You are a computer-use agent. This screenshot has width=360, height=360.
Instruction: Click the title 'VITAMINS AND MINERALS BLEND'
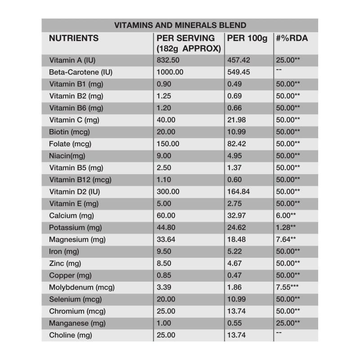(x=180, y=25)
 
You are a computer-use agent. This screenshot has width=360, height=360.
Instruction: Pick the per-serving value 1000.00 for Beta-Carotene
(x=170, y=72)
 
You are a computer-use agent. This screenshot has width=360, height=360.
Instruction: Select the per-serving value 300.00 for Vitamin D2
(x=168, y=191)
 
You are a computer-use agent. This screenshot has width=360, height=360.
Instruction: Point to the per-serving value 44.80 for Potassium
(x=166, y=227)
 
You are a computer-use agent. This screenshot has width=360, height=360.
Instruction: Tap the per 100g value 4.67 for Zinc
(x=235, y=263)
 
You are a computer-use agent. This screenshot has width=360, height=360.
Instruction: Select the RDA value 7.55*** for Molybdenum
(x=289, y=287)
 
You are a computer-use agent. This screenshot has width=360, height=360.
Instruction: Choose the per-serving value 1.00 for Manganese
(x=165, y=323)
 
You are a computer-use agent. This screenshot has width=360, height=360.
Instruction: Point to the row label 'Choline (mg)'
(x=70, y=335)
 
